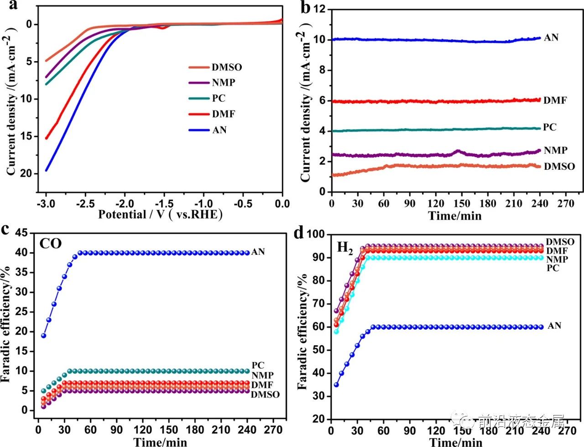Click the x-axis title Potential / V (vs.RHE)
160,215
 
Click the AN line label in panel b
551,37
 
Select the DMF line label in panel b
555,100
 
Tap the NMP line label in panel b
555,150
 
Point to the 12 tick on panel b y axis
319,9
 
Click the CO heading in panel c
50,243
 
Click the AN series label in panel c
258,252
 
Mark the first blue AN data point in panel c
44,336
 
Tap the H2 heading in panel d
345,248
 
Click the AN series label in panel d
554,326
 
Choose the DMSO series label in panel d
560,242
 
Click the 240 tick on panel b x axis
540,203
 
